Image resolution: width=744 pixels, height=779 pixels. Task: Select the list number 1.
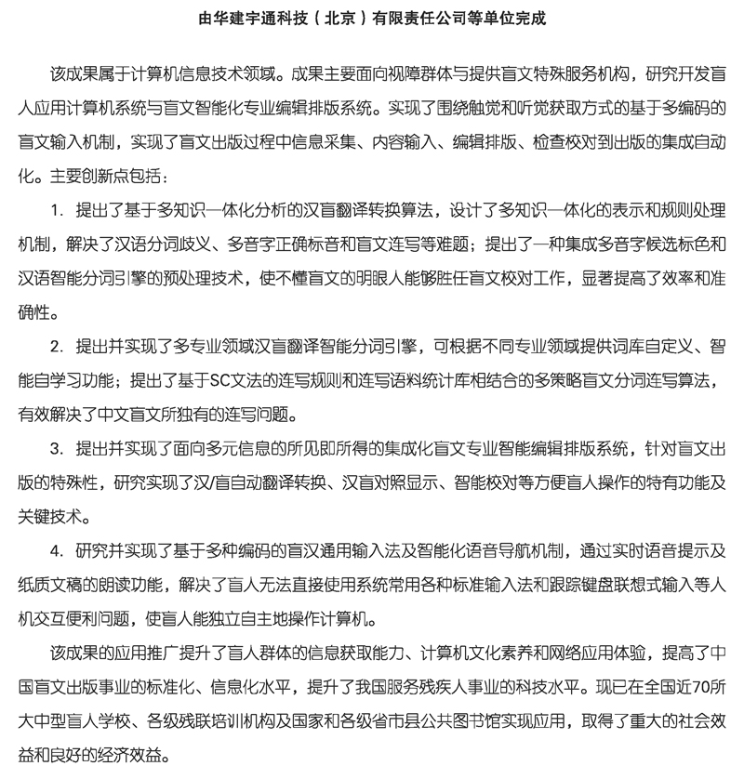point(56,210)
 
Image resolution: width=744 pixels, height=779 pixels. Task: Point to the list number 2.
point(56,346)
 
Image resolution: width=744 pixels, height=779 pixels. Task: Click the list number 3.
point(56,448)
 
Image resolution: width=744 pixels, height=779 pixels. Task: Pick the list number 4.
point(56,550)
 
